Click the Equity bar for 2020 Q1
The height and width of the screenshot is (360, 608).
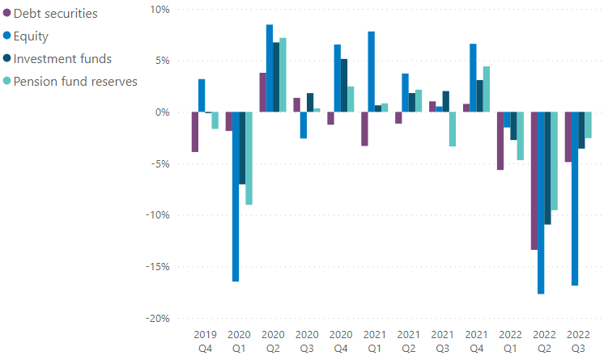[x=236, y=197]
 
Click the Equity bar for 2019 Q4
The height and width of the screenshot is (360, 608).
[x=202, y=95]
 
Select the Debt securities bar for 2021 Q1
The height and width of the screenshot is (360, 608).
[x=364, y=129]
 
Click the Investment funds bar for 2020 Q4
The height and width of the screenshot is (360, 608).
[x=344, y=86]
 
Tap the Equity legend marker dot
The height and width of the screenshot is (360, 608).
[x=7, y=36]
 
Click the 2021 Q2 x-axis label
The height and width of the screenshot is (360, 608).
[x=408, y=341]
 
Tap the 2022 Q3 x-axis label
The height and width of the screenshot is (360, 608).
[x=578, y=341]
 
